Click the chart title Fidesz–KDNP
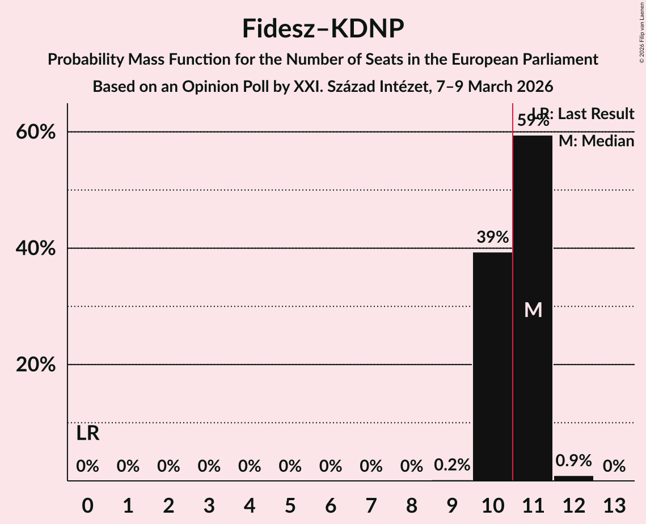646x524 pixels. (x=323, y=28)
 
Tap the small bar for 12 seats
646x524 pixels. (x=573, y=478)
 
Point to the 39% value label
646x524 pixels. (x=492, y=237)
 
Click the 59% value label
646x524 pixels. (x=533, y=120)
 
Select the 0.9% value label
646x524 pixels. (x=573, y=460)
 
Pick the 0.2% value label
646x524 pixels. (x=452, y=466)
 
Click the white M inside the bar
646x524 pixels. (x=533, y=310)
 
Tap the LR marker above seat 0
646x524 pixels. (x=88, y=434)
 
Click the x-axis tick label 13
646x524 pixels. (x=614, y=505)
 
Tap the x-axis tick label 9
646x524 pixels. (x=452, y=505)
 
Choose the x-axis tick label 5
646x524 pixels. (x=290, y=505)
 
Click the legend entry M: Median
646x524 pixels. (x=596, y=141)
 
